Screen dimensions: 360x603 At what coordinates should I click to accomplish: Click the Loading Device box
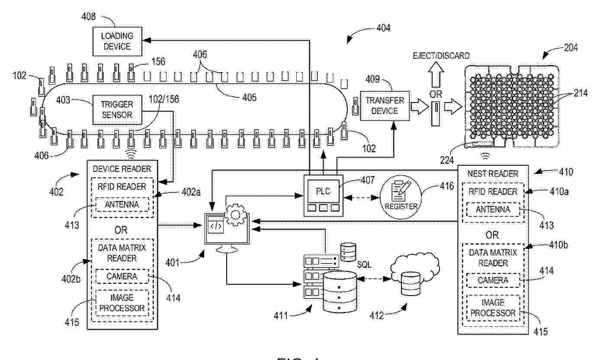[117, 41]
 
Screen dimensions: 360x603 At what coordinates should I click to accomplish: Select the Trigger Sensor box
[117, 109]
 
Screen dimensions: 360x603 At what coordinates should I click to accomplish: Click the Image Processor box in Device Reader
[121, 303]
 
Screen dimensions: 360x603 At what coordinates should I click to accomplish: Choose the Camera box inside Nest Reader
[493, 280]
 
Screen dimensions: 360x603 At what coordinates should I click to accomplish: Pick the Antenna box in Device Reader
[121, 204]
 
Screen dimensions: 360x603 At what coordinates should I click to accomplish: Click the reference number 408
[88, 18]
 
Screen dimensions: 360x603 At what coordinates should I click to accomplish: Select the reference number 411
[282, 315]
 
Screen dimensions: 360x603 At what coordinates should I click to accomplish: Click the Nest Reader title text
[493, 174]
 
